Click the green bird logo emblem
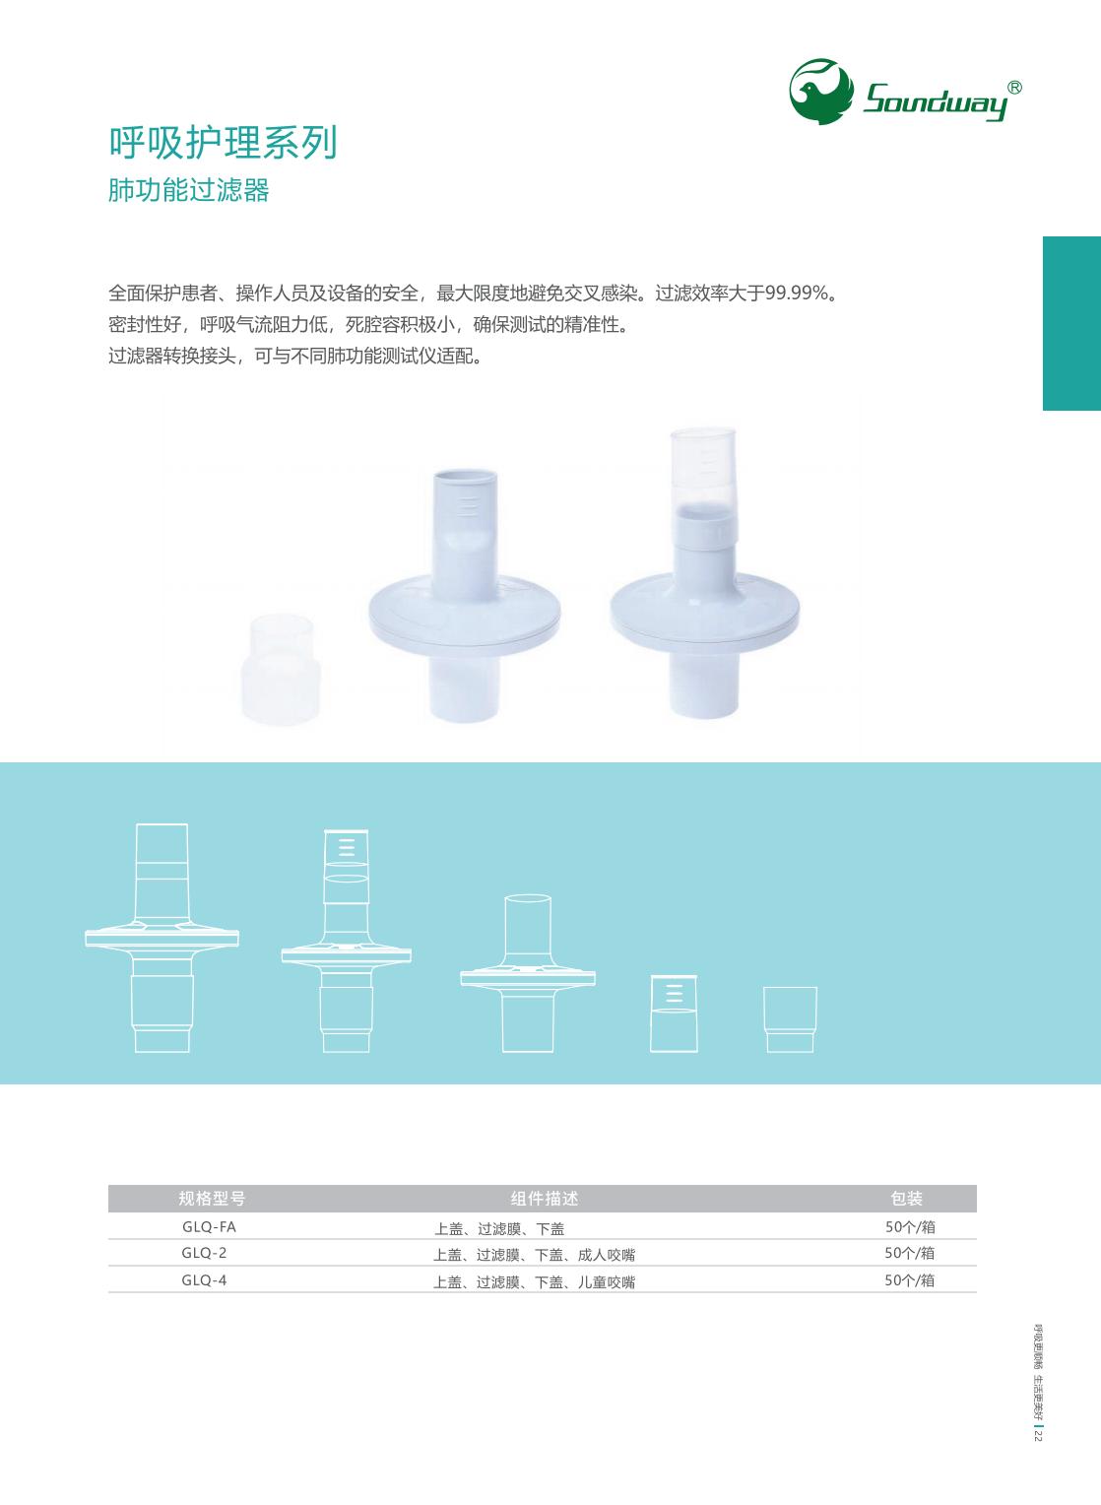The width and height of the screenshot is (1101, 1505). coord(820,91)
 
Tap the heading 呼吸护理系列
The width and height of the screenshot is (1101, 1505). coord(223,143)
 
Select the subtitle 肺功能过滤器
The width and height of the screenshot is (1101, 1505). coord(188,190)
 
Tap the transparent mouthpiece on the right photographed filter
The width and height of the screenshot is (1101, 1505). coord(702,470)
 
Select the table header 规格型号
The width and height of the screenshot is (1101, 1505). coord(212,1198)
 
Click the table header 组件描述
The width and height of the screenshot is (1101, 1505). coord(545,1198)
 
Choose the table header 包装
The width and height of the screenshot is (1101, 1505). coord(906,1198)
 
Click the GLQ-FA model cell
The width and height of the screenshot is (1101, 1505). coord(209,1227)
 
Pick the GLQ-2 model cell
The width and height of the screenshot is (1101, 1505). coord(204,1253)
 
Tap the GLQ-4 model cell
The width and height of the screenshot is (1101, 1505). coord(204,1280)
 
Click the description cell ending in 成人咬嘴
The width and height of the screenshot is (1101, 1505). coord(534,1255)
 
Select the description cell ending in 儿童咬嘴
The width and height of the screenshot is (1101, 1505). coord(534,1281)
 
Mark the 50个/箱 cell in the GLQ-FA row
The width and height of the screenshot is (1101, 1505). coord(910,1227)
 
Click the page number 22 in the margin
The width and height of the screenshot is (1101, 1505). coord(1037,1436)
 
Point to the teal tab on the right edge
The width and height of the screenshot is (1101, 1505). coord(1071,323)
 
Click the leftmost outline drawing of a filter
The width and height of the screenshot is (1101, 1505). coord(162,938)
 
